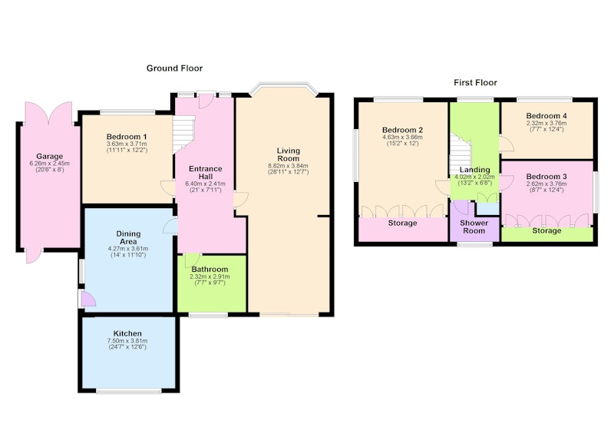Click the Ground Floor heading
(x=174, y=68)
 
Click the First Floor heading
(x=475, y=83)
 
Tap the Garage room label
(x=49, y=157)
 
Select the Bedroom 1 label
(x=127, y=137)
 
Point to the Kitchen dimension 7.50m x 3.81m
(x=127, y=341)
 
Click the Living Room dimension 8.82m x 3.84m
(x=288, y=166)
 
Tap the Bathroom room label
(x=210, y=270)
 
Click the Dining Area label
(x=128, y=237)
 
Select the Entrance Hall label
(x=205, y=172)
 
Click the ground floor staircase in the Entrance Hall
(x=183, y=133)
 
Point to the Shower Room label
(x=474, y=227)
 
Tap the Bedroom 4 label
(x=546, y=116)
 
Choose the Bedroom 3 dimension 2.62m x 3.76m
(x=546, y=184)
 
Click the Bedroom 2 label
(x=402, y=130)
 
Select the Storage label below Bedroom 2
(x=402, y=223)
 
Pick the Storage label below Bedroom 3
(x=546, y=230)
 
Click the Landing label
(x=474, y=170)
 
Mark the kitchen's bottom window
(x=128, y=391)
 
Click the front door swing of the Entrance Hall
(x=205, y=101)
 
